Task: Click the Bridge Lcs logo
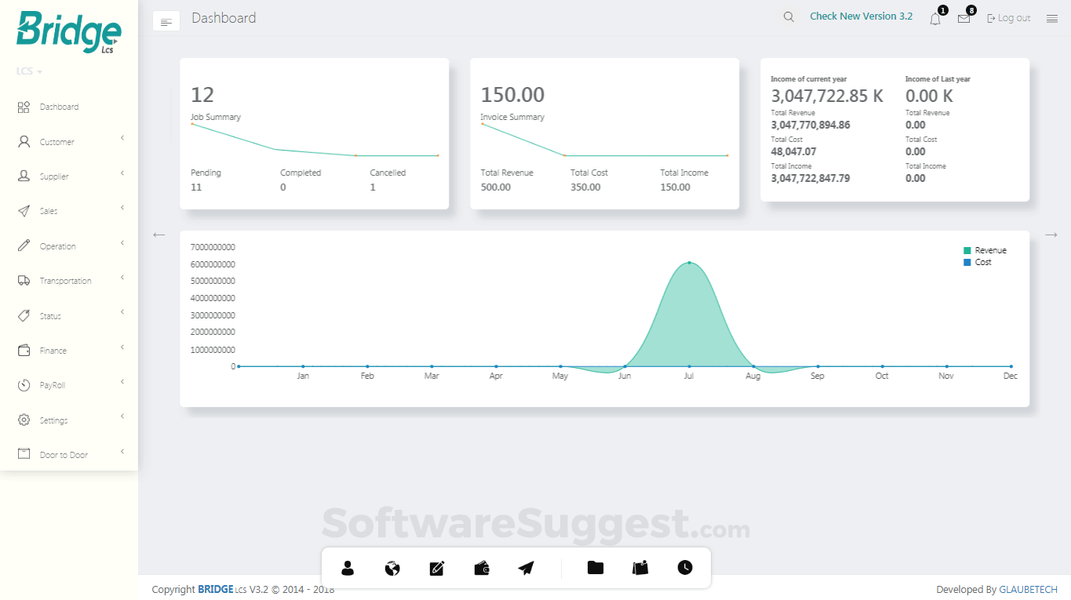[68, 32]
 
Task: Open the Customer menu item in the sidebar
[56, 142]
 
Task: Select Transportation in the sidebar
[65, 281]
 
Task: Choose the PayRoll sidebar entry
[52, 385]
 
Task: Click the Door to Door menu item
[64, 455]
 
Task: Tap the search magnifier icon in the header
[789, 17]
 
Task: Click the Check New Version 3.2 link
[861, 16]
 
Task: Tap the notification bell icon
[935, 19]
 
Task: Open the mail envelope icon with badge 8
[964, 19]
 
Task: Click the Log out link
[1009, 18]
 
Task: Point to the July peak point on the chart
[689, 263]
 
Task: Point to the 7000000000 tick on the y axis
[213, 247]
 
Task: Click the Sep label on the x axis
[818, 376]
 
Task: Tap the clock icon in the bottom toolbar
[685, 568]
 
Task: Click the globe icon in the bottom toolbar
[392, 568]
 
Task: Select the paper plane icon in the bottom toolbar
[526, 568]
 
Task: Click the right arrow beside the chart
[1051, 235]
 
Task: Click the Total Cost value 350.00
[585, 187]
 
